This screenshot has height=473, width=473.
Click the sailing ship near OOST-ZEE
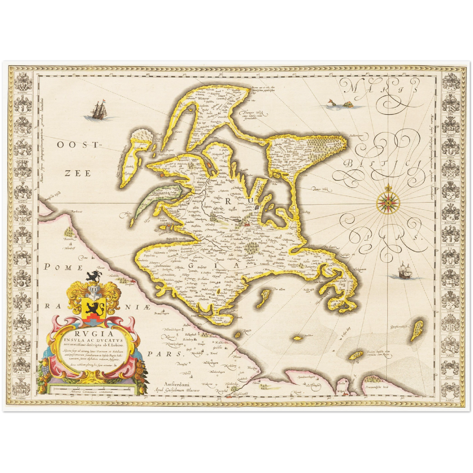[x=99, y=110]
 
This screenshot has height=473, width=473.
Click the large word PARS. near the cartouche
[x=164, y=354]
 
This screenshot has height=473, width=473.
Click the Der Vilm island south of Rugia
[x=264, y=296]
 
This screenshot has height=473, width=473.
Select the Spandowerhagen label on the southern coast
[x=306, y=377]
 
